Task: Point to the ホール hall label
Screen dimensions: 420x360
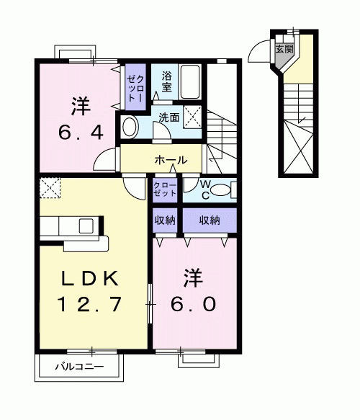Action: (x=171, y=159)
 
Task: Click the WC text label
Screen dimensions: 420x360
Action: (x=205, y=189)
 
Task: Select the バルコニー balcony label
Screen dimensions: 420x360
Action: (x=80, y=367)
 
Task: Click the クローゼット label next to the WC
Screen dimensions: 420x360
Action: (x=166, y=190)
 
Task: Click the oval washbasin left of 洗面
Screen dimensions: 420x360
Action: (x=130, y=128)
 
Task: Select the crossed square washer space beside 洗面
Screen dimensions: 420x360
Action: (x=192, y=116)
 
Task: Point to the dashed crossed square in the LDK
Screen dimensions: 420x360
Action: (x=50, y=189)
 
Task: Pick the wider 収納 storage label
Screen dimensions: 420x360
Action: (x=210, y=220)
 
